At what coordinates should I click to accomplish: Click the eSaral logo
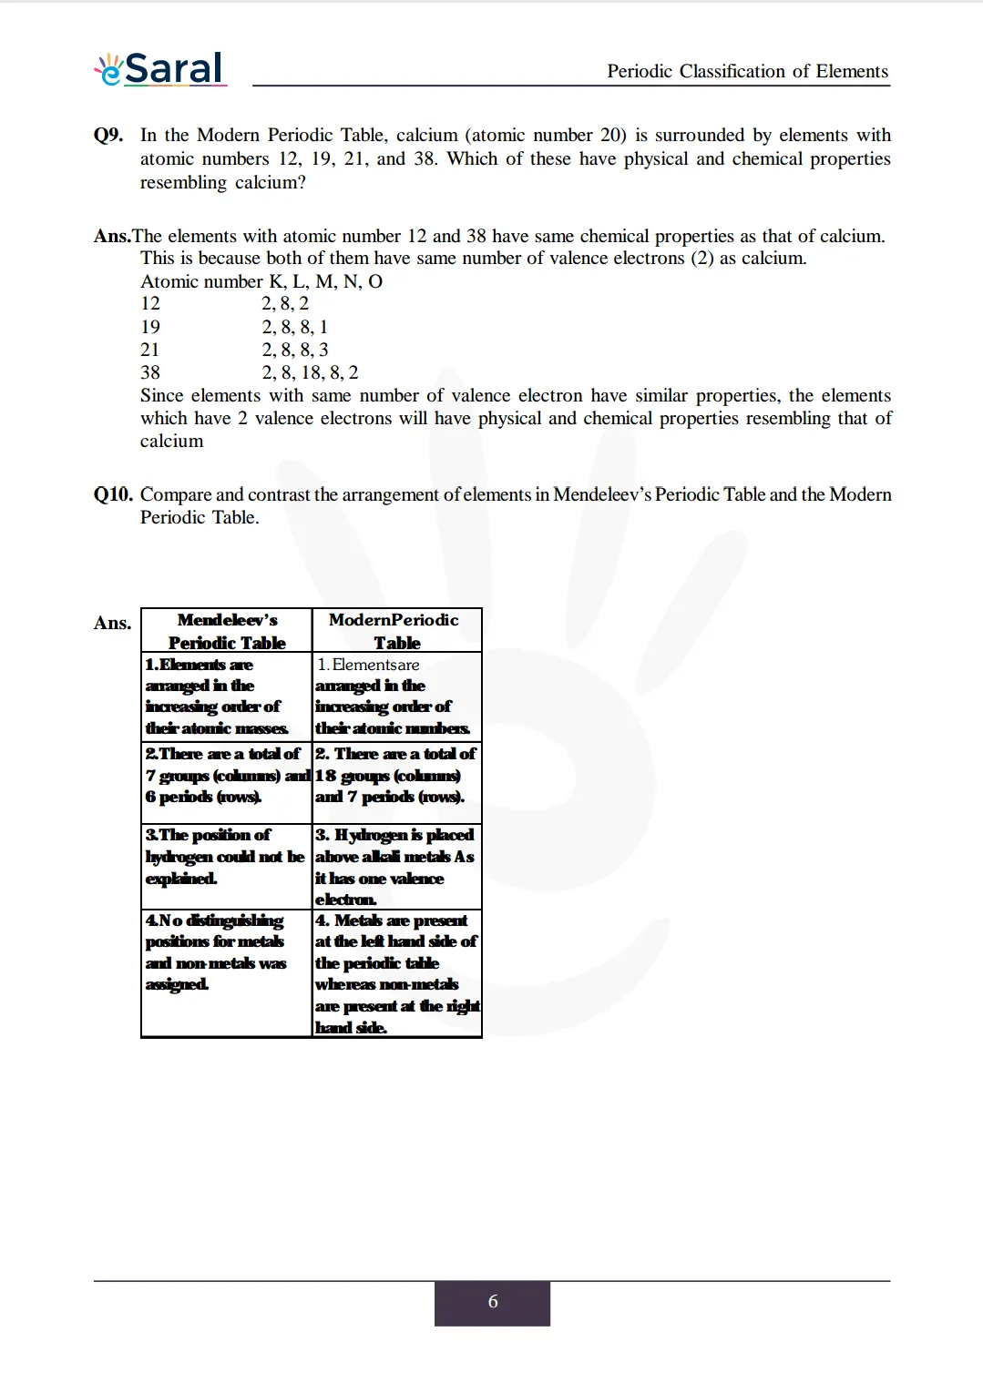(x=160, y=69)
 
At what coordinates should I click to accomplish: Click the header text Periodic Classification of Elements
(x=747, y=71)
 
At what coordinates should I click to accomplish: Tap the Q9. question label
(x=108, y=135)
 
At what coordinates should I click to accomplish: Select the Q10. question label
(x=113, y=494)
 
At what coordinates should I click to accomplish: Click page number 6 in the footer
(x=492, y=1302)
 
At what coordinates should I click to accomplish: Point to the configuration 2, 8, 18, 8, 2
(x=310, y=372)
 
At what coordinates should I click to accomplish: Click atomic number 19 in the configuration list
(x=150, y=327)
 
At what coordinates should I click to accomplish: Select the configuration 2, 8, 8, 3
(x=295, y=350)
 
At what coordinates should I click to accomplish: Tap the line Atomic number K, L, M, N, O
(x=261, y=281)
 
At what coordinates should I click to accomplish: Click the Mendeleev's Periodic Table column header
(x=227, y=631)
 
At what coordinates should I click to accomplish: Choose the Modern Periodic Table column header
(x=395, y=631)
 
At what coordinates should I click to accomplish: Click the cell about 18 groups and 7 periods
(x=395, y=776)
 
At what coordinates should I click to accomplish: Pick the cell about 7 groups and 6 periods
(x=226, y=776)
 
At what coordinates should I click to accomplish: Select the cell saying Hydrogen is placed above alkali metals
(x=395, y=867)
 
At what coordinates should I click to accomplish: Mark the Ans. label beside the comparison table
(x=112, y=623)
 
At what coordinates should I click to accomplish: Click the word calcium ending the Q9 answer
(x=171, y=442)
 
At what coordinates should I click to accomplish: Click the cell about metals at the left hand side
(x=395, y=973)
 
